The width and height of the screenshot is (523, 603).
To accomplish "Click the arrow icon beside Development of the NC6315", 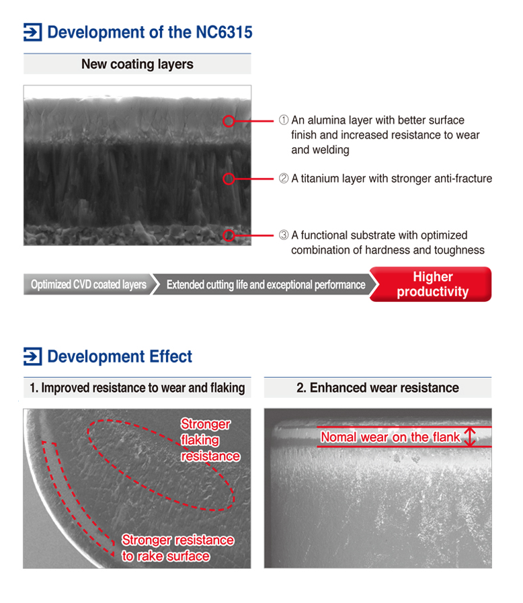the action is click(33, 32).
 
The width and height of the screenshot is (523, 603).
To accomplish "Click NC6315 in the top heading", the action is click(225, 32).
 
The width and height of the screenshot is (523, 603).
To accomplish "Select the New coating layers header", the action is click(137, 64).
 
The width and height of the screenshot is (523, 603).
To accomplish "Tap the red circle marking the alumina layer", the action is click(229, 121).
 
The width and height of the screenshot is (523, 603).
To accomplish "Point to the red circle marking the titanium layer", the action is click(229, 179).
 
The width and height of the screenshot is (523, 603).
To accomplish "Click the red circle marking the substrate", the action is click(229, 235).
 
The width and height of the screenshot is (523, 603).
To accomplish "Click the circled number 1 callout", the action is click(284, 120).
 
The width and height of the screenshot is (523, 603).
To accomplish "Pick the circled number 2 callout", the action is click(284, 178).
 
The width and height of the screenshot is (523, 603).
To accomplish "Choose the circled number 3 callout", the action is click(284, 235).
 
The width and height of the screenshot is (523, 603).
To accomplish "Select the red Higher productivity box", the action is click(431, 284).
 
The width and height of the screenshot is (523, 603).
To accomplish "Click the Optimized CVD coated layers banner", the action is click(89, 284).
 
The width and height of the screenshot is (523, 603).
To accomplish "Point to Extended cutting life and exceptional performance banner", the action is click(266, 284).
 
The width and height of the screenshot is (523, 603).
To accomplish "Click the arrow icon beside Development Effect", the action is click(33, 356).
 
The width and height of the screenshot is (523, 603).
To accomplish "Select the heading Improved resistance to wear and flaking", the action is click(137, 388).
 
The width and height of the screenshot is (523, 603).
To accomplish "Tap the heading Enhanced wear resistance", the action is click(378, 388).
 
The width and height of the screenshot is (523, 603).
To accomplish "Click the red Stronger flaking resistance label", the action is click(210, 440).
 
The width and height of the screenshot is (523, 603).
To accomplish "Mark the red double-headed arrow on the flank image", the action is click(470, 437).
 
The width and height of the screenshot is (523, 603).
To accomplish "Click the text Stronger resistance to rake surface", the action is click(177, 548).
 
